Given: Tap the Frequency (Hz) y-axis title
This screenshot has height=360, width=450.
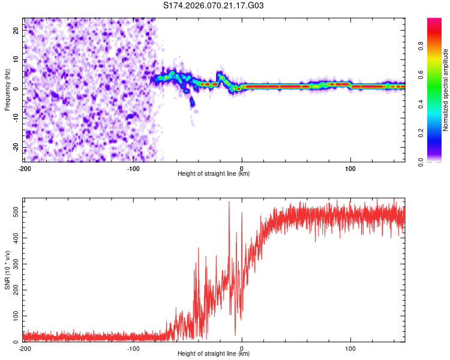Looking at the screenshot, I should (x=7, y=90).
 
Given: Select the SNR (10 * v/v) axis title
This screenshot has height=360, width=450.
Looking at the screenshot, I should (x=7, y=270).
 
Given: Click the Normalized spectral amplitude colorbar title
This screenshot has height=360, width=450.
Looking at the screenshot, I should (x=445, y=90).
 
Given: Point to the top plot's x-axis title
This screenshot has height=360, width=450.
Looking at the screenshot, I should (x=214, y=174).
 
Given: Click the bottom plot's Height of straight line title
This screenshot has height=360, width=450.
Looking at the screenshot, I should (x=214, y=354).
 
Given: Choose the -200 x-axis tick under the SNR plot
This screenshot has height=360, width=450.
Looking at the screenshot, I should (x=25, y=348).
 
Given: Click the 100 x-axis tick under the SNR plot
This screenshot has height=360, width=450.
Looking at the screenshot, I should (x=350, y=348).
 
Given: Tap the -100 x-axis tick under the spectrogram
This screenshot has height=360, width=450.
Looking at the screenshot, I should (x=133, y=168).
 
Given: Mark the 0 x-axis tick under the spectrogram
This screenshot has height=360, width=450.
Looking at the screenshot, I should (x=242, y=168).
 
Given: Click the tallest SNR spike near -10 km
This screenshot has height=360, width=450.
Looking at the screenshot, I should (x=229, y=202).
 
